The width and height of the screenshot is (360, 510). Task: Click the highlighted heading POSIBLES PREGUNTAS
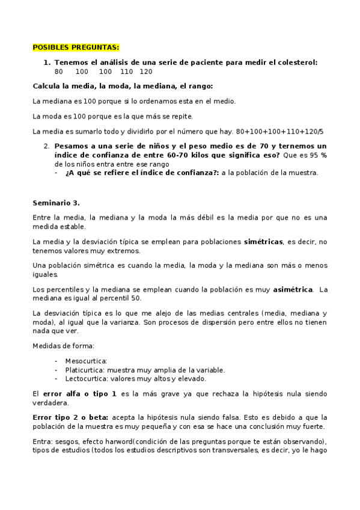(76, 47)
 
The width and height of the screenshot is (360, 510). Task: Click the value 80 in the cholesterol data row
(58, 71)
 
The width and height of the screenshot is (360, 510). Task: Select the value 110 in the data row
(126, 71)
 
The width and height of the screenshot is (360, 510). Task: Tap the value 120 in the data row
(145, 71)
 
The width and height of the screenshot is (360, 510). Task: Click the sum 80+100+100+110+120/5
(279, 131)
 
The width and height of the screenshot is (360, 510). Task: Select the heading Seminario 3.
(56, 202)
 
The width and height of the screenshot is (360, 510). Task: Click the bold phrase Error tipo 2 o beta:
(68, 417)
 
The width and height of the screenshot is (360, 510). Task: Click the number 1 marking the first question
(46, 62)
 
